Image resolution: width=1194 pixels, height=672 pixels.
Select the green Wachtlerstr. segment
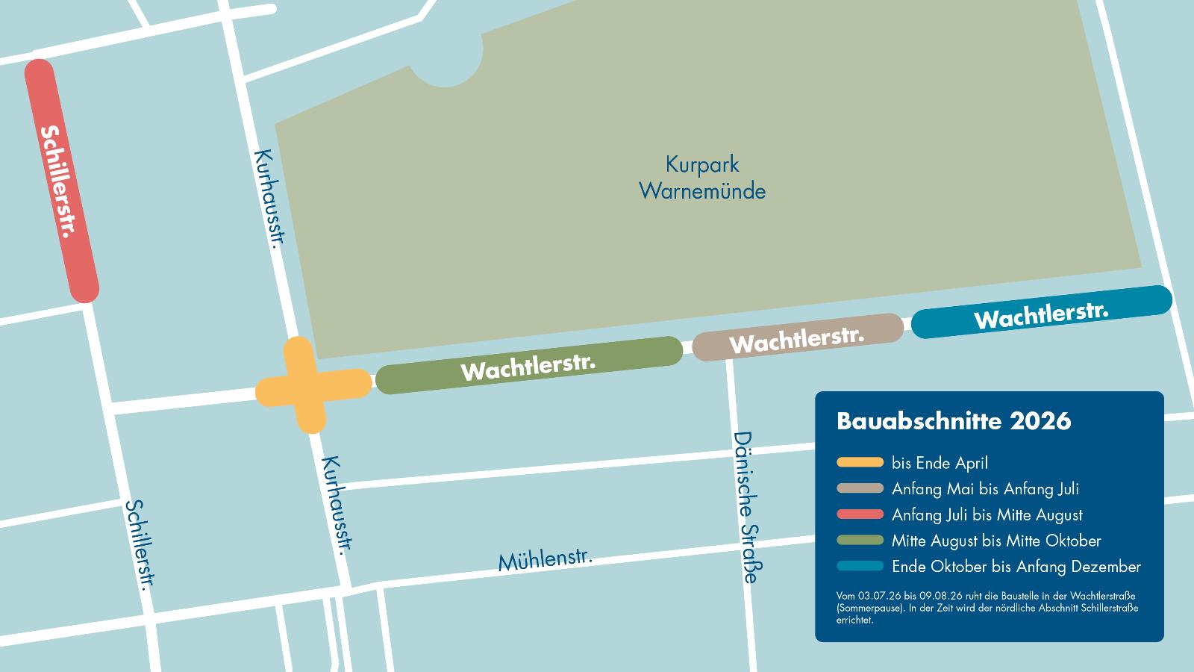528,365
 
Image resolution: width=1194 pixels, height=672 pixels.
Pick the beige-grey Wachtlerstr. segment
797,338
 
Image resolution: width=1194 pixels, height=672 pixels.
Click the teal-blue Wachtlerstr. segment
1041,312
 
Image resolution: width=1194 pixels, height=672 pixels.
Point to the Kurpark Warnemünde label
702,178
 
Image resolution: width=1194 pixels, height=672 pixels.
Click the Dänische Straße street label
748,507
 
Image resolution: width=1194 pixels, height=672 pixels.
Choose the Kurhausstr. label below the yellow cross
336,504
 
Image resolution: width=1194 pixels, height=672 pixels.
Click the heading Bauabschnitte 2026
954,421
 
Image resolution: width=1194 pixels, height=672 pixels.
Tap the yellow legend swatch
860,463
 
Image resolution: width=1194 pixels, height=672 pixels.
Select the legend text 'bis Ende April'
940,463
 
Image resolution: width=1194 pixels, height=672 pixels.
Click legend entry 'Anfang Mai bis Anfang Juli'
985,489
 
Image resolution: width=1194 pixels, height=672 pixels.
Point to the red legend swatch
860,514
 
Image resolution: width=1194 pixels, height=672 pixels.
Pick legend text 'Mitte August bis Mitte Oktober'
996,541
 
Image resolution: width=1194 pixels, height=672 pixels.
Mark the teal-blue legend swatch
860,567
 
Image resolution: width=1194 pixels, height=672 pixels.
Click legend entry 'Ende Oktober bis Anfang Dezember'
1016,567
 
